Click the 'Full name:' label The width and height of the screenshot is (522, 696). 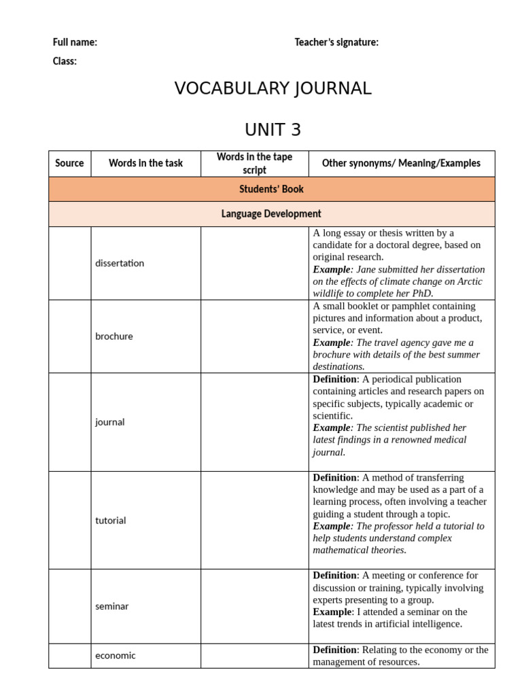[x=75, y=42]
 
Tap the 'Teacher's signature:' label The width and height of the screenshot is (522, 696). [x=336, y=42]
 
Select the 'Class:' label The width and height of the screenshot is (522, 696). [x=65, y=61]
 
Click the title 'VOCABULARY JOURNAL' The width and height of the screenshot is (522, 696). [x=273, y=88]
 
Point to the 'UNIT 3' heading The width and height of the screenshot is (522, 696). [x=273, y=129]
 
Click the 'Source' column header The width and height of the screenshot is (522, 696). [x=69, y=163]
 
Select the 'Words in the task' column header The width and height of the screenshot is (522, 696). [x=145, y=163]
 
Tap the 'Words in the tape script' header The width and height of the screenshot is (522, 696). [x=254, y=163]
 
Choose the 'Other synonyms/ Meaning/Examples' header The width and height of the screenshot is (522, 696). [x=401, y=163]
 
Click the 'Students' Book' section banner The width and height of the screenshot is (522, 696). [x=271, y=189]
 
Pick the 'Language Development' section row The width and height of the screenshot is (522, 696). [x=271, y=213]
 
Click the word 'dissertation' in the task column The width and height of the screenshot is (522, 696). [x=120, y=263]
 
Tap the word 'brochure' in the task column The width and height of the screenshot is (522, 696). [x=114, y=336]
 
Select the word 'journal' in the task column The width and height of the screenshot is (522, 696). [x=110, y=422]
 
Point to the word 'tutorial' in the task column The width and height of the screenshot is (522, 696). [x=111, y=521]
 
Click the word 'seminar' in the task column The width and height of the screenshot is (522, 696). [x=112, y=606]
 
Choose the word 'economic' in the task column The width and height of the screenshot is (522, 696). [x=116, y=655]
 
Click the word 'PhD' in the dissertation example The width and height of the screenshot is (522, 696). [x=422, y=294]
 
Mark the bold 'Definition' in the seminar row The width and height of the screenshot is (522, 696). [x=334, y=576]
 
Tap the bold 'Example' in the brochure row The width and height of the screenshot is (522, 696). [x=332, y=343]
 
